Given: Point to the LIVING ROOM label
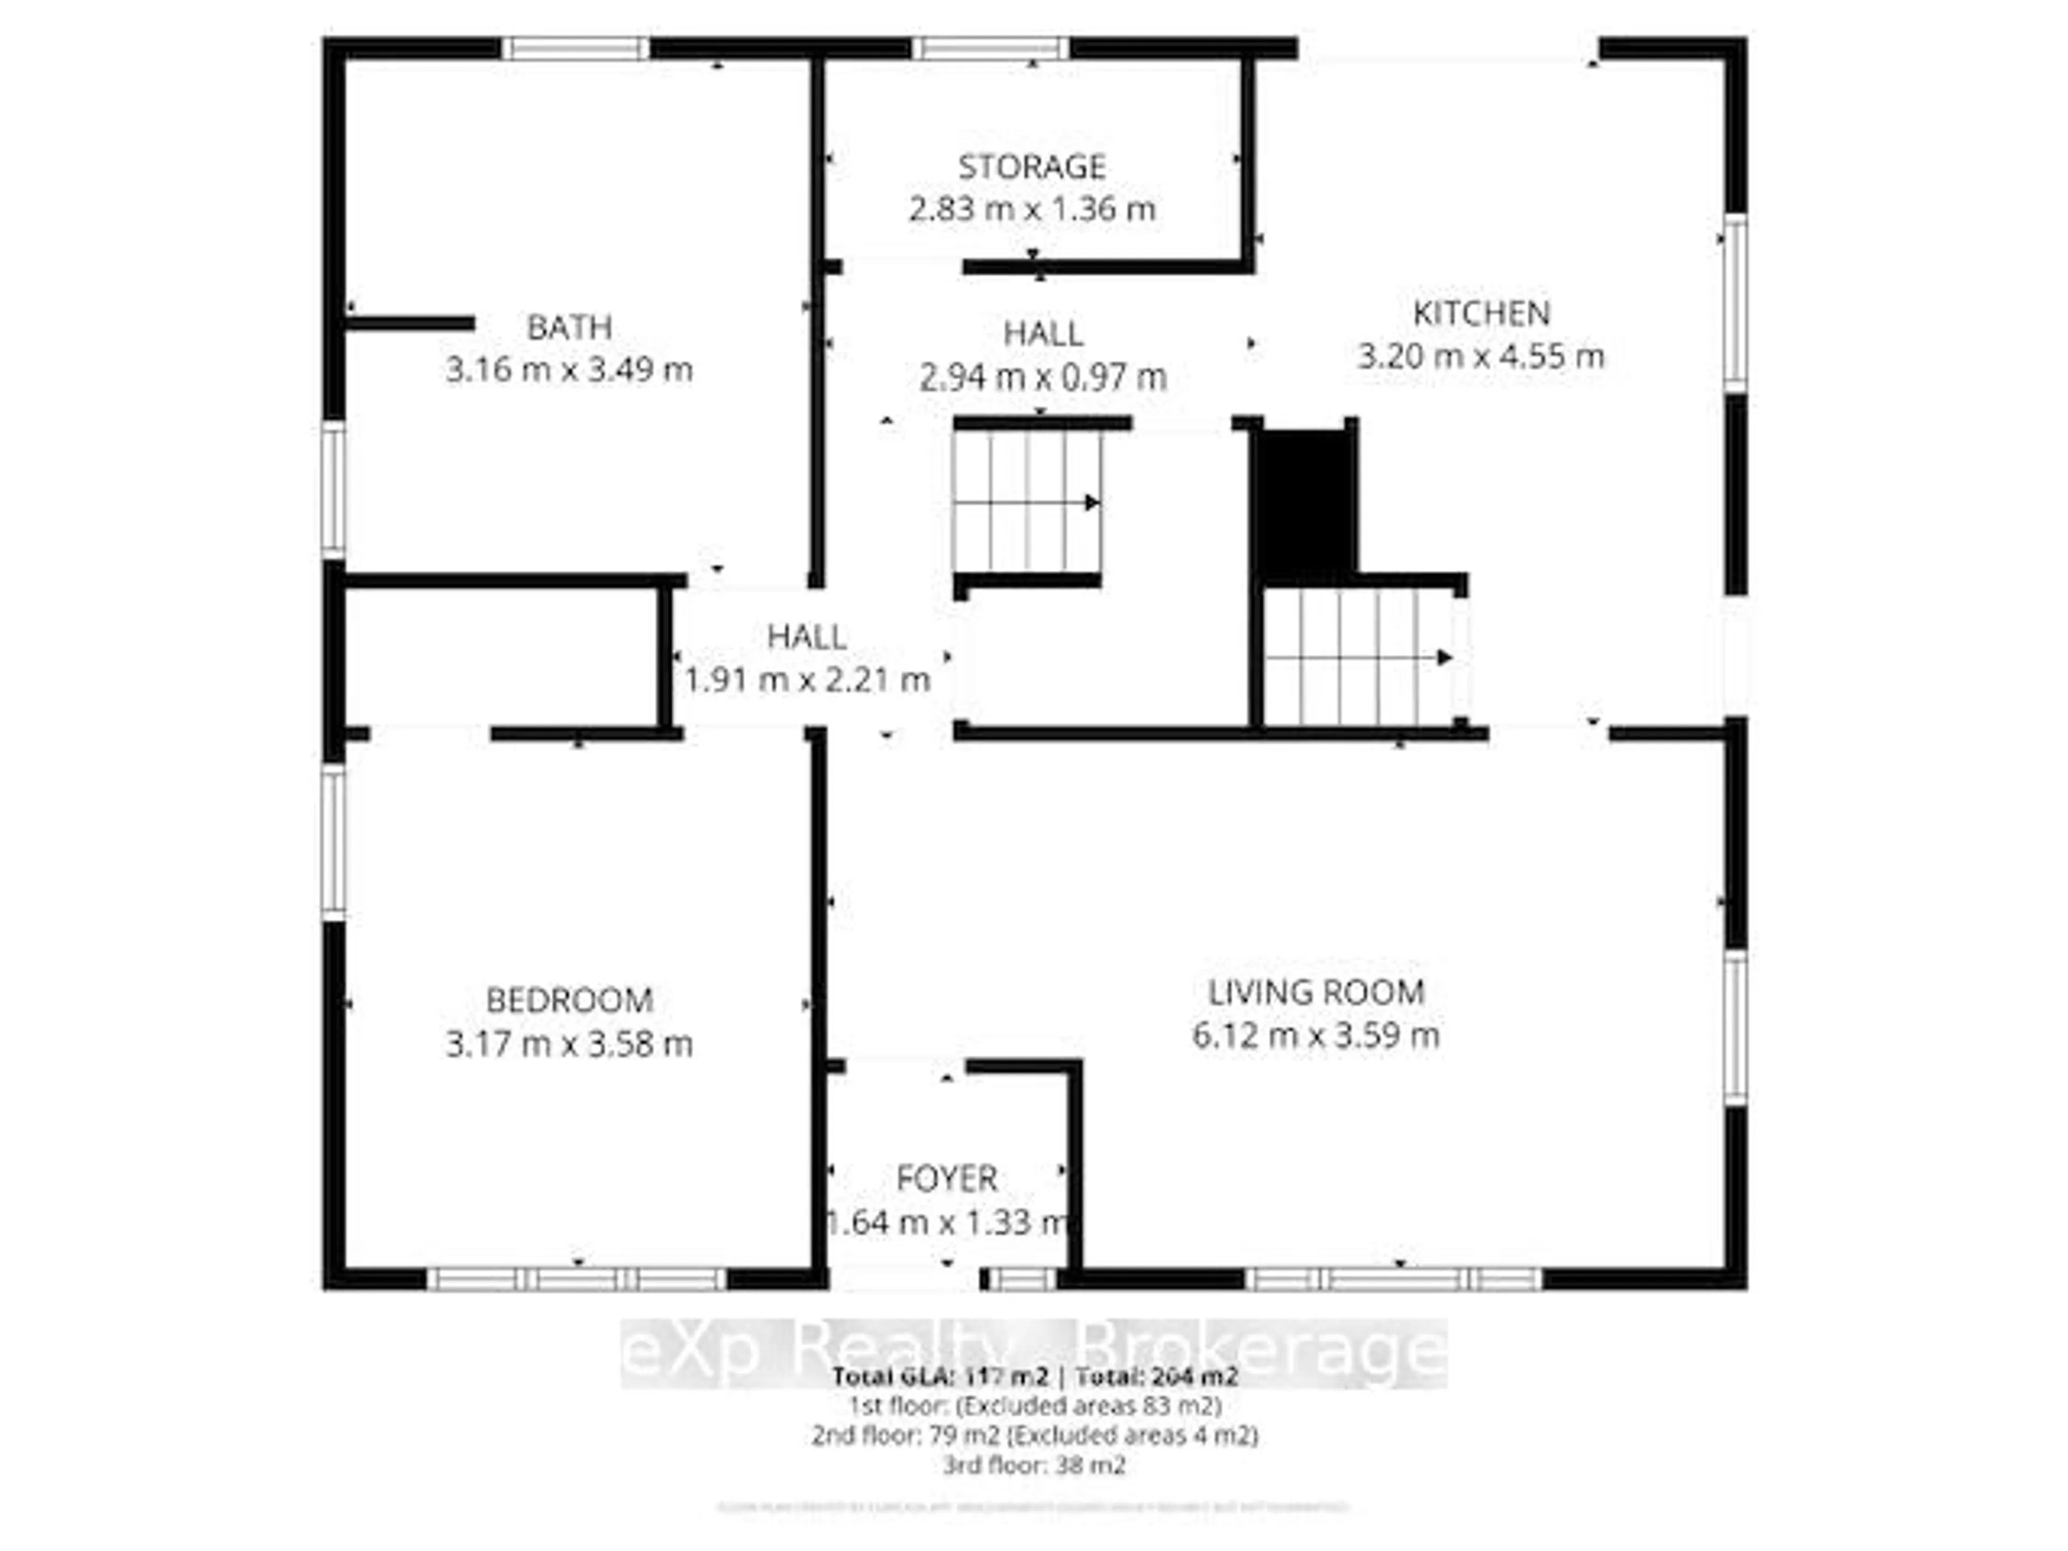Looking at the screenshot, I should [1316, 992].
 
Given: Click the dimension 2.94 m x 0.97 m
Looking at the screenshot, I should [1043, 378].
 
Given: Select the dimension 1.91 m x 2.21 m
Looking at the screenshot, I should [807, 680].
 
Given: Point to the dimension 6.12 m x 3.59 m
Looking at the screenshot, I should [1316, 1035].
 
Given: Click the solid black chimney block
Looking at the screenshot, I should [1305, 500].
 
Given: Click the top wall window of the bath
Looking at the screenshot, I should [575, 48].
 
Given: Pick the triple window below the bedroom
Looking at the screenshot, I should [576, 1279].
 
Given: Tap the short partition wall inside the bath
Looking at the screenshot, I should [409, 324].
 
